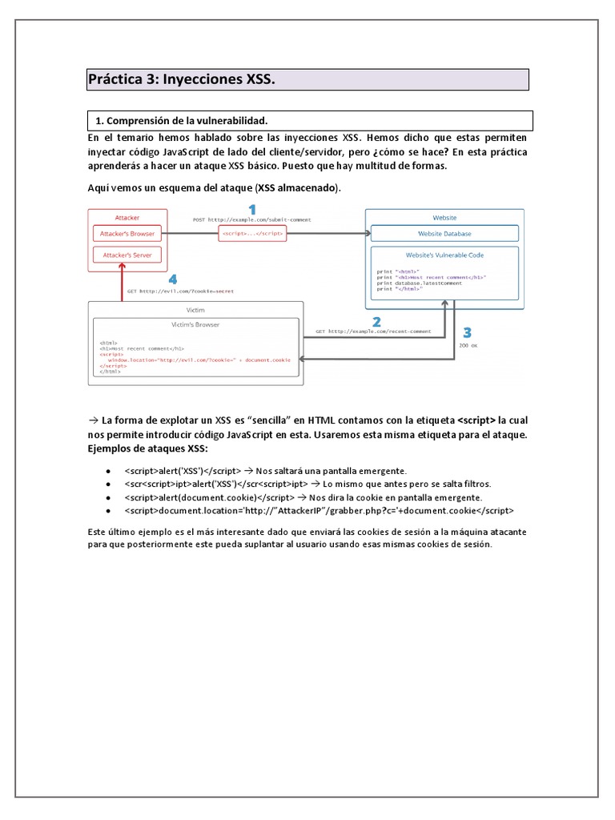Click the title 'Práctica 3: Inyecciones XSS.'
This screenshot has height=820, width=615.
click(x=181, y=79)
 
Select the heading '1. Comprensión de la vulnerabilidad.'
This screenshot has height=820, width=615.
click(x=181, y=120)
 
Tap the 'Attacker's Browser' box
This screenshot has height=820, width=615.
click(x=127, y=234)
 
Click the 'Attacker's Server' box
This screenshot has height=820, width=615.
click(x=127, y=255)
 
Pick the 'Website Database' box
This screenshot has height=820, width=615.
click(x=444, y=234)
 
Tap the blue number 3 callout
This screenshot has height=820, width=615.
click(x=467, y=332)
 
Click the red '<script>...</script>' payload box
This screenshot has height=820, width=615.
click(x=252, y=234)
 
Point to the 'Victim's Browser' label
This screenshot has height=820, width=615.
click(x=195, y=324)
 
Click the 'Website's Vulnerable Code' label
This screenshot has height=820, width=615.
click(x=444, y=255)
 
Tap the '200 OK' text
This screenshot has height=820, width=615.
click(x=468, y=347)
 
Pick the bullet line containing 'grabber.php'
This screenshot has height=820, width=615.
click(x=320, y=509)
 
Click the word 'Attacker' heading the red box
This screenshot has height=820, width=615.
click(x=127, y=217)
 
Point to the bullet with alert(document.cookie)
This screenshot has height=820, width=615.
click(x=303, y=497)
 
